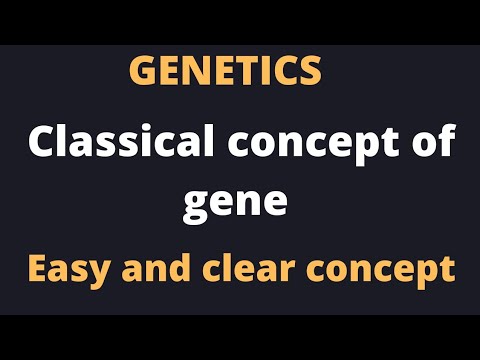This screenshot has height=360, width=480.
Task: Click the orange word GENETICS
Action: click(x=226, y=71)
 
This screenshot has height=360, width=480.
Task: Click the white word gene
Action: click(x=235, y=203)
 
